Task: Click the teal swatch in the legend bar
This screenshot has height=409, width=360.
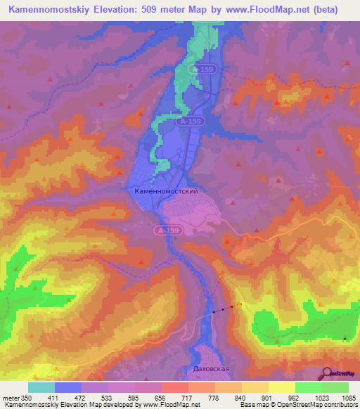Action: coord(41,387)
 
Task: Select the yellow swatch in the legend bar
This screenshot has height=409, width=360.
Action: coord(282,387)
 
